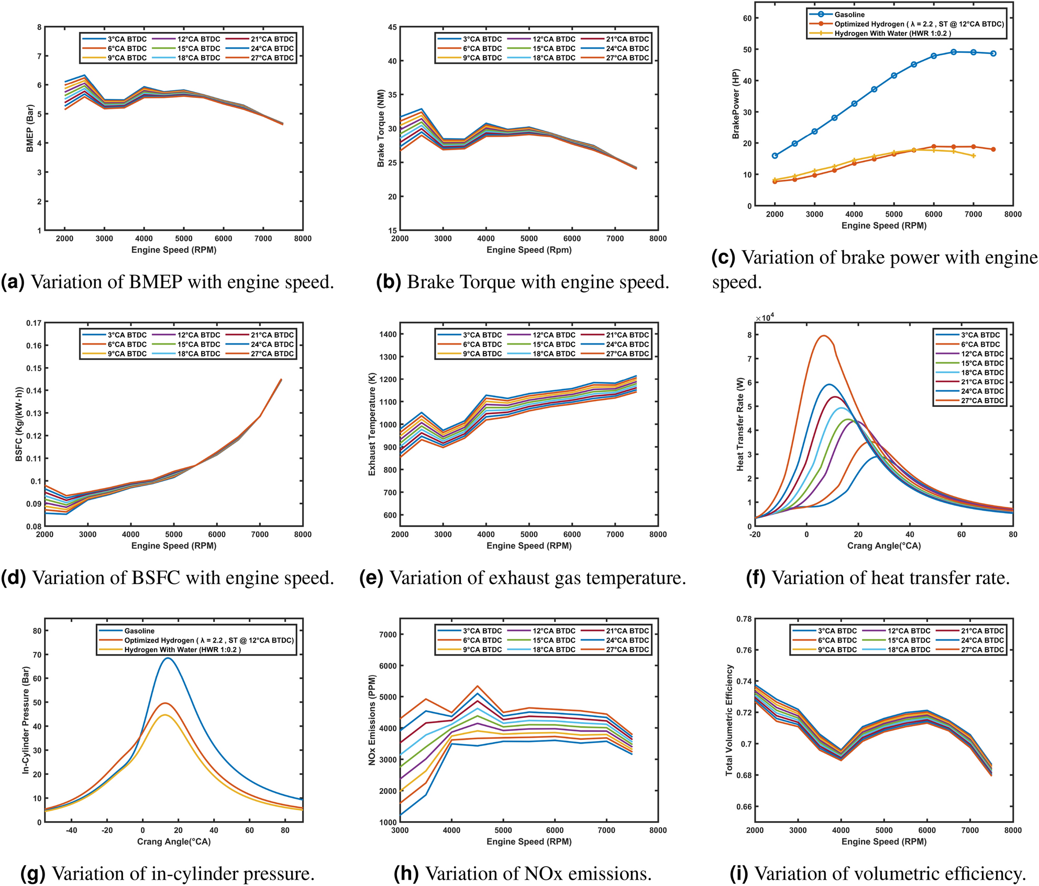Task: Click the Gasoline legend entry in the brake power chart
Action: [x=849, y=15]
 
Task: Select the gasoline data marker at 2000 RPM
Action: [x=775, y=156]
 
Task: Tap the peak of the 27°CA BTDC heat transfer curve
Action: [x=824, y=336]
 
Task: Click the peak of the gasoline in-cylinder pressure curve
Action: [x=168, y=658]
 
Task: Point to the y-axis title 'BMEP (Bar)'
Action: [x=30, y=129]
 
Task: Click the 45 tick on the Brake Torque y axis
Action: [x=392, y=27]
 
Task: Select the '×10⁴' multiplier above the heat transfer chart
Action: [x=765, y=318]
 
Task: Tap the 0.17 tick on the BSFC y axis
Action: [x=34, y=323]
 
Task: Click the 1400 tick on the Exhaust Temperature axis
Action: [x=388, y=335]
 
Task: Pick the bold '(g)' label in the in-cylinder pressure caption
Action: [x=32, y=873]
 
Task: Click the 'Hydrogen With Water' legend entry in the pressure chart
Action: [x=182, y=650]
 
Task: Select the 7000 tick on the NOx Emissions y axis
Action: [x=388, y=635]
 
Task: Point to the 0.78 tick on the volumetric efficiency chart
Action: [x=744, y=619]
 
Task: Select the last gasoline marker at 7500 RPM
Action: [x=993, y=53]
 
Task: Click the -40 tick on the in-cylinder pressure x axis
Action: [x=71, y=830]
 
